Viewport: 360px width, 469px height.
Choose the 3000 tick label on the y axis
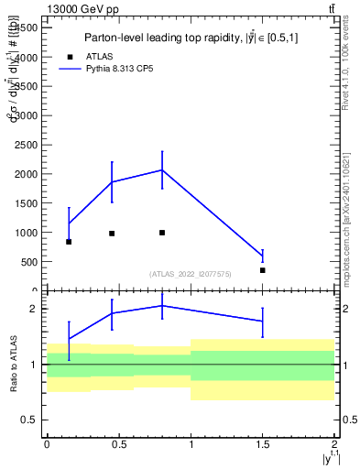point(26,115)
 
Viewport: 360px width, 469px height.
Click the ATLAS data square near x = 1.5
point(262,270)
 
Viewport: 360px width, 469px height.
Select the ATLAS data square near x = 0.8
point(162,233)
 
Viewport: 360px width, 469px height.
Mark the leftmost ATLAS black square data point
point(69,242)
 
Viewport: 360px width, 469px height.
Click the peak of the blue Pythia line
point(162,169)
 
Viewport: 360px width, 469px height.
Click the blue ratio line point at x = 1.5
point(262,321)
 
